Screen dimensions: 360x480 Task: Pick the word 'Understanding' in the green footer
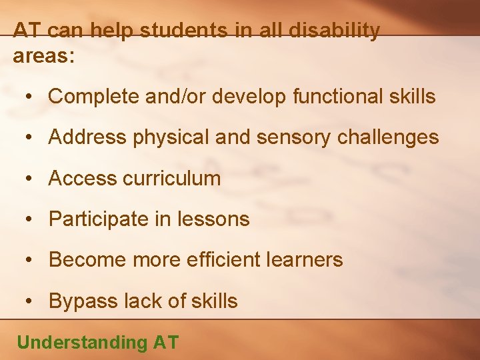pyautogui.click(x=82, y=343)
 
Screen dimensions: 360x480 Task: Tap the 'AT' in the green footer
pyautogui.click(x=166, y=343)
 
